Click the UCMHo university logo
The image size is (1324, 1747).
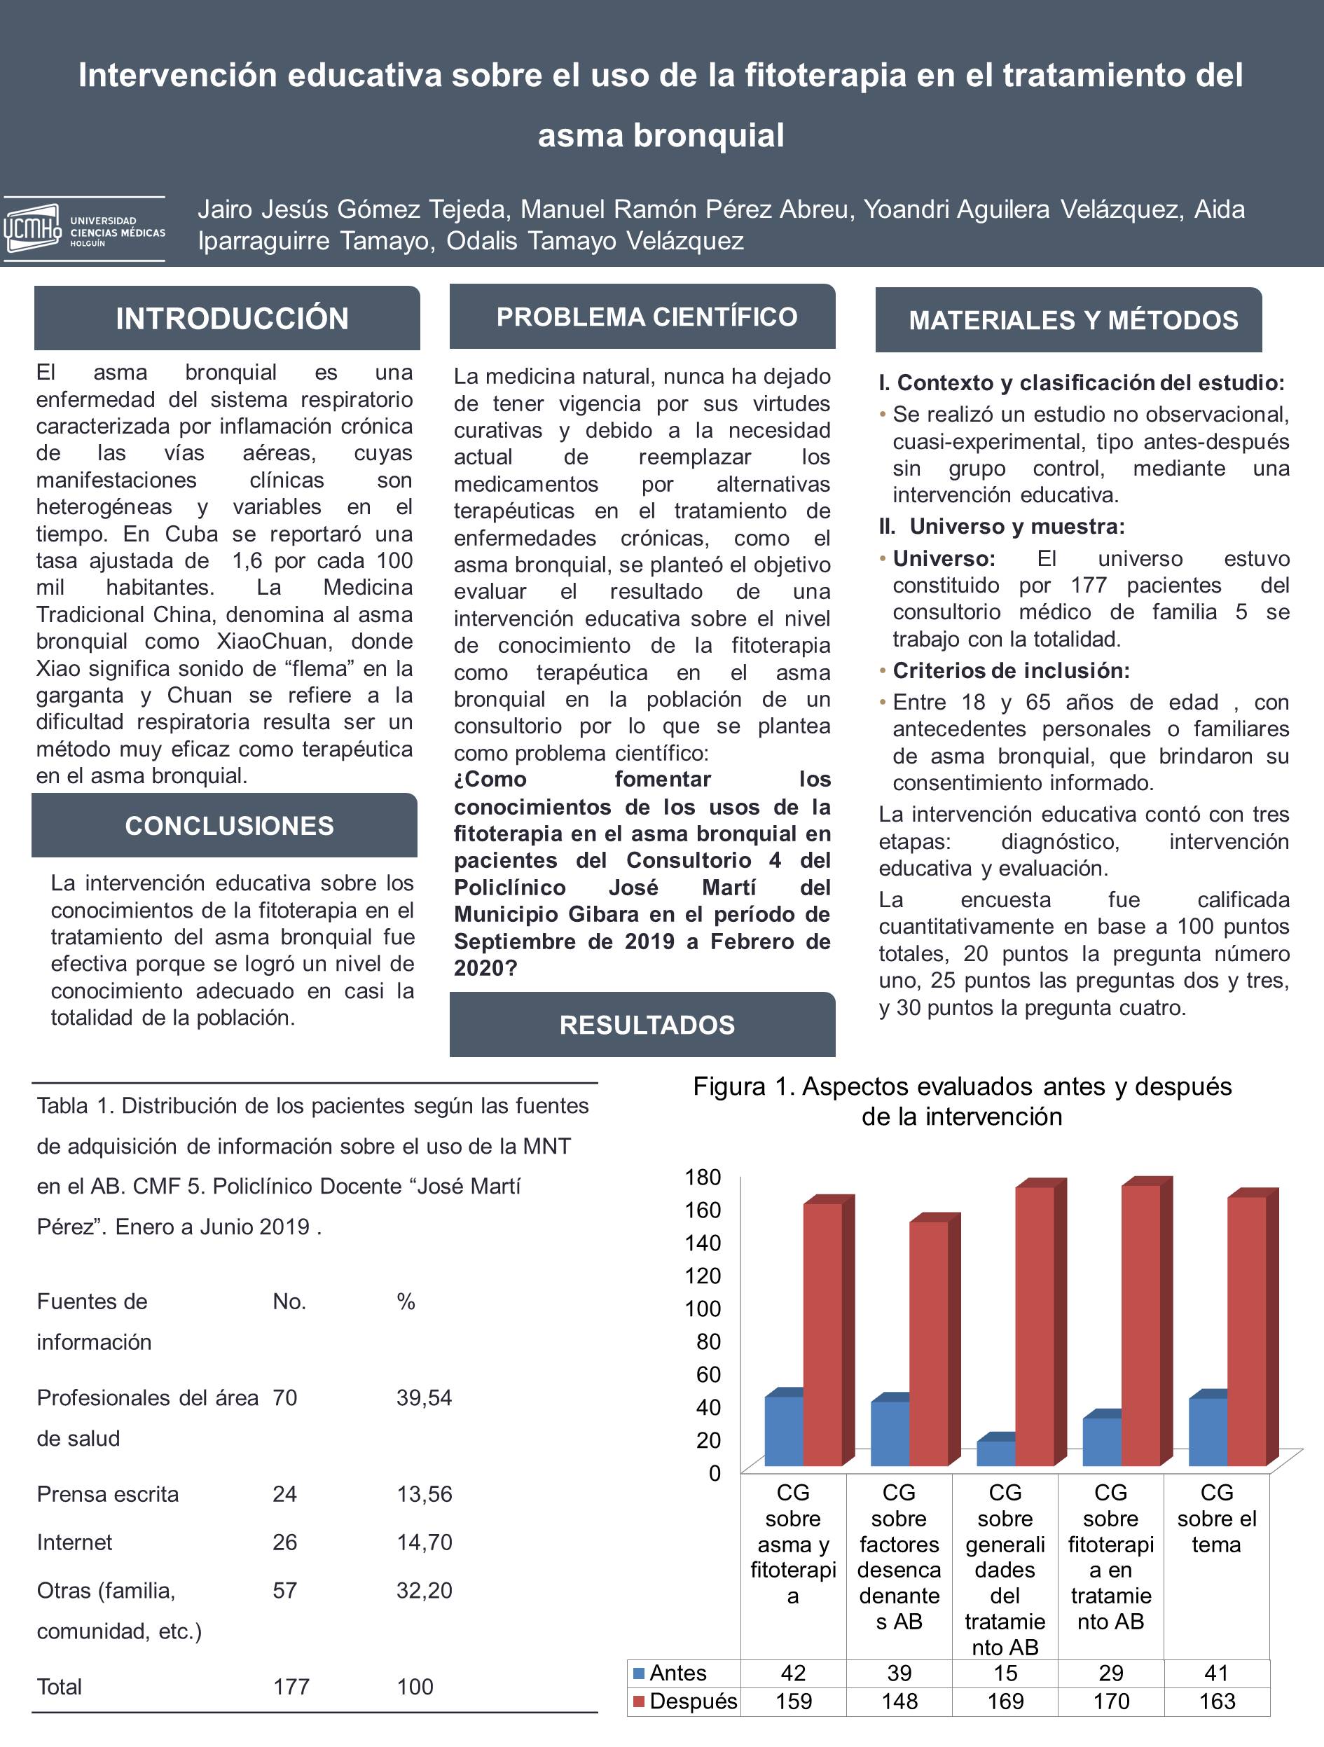pos(84,230)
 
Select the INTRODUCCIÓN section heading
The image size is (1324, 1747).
pos(231,318)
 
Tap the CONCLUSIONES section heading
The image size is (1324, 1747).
pos(229,825)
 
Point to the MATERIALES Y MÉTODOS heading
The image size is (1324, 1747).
pos(1073,320)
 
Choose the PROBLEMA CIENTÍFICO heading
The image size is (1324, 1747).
pos(646,317)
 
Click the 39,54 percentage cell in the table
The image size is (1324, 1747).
pos(425,1397)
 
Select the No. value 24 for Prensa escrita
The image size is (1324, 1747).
pos(284,1493)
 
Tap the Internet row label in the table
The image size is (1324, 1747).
pos(74,1542)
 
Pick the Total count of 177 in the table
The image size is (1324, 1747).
pos(291,1686)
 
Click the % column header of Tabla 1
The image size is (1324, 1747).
pos(406,1301)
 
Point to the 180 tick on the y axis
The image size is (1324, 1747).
pos(703,1177)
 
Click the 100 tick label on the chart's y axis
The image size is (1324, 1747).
pos(703,1308)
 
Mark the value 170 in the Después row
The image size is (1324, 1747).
pos(1111,1701)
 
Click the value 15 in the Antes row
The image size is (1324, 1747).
pos(1005,1673)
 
